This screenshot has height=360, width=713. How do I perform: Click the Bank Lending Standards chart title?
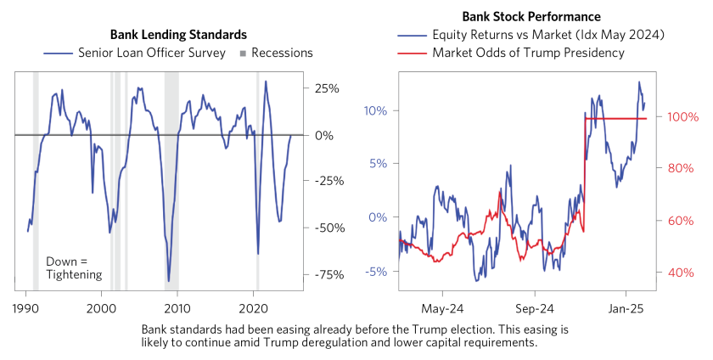pos(178,35)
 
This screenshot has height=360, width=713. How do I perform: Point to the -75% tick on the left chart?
pos(327,274)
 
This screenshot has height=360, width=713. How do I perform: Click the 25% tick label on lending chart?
pos(327,88)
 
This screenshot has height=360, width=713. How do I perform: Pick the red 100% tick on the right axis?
pos(682,116)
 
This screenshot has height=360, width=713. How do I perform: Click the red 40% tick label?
pos(682,273)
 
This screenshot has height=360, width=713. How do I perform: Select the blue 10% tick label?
pos(376,110)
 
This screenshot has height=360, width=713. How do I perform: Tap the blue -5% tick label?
pos(376,272)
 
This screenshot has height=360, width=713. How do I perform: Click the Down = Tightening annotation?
pos(72,267)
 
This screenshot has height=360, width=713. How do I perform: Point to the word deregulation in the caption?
pos(446,343)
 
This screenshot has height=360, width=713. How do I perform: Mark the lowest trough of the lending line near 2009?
pos(168,280)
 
